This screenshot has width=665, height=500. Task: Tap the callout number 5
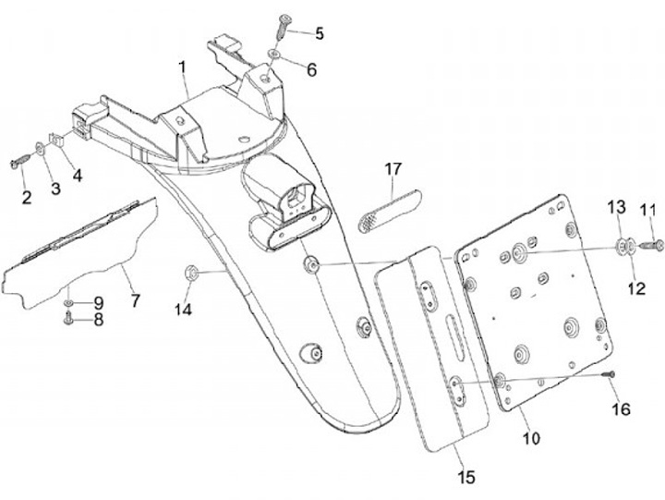(x=320, y=34)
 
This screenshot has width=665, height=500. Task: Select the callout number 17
(x=394, y=169)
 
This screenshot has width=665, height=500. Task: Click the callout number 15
(x=465, y=477)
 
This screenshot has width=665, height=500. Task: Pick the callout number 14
(x=184, y=311)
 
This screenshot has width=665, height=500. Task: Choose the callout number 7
(x=135, y=301)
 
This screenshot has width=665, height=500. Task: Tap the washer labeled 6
(x=275, y=57)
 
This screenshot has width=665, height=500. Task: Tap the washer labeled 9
(x=69, y=302)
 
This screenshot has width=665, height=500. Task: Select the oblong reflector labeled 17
(x=388, y=212)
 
